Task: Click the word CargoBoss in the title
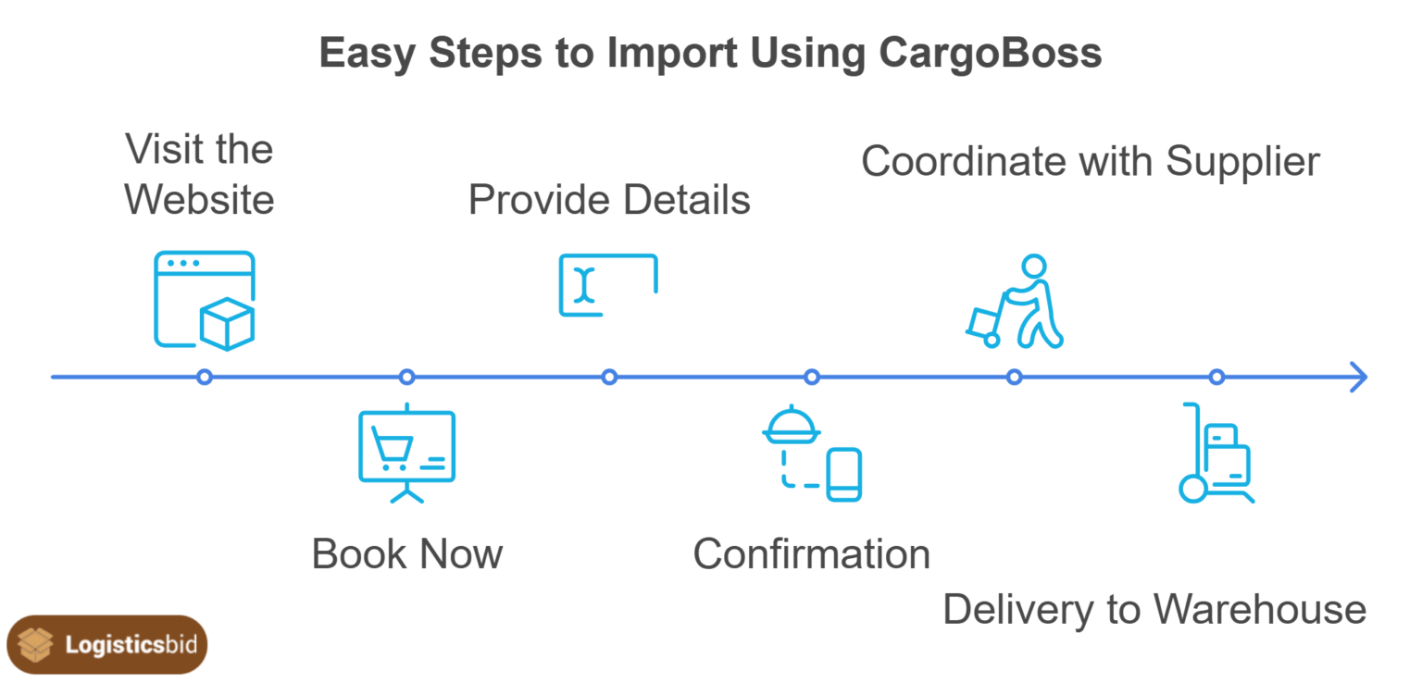coord(990,52)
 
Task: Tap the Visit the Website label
coord(199,175)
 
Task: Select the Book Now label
coord(406,554)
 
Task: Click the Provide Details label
coord(608,200)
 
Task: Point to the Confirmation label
coord(811,554)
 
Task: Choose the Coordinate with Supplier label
coord(1090,161)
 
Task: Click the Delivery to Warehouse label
coord(1154,610)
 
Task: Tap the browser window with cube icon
coord(205,301)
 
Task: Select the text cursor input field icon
coord(608,285)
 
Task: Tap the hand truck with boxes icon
coord(1216,453)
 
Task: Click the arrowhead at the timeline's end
coord(1358,377)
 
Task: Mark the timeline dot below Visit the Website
coord(205,377)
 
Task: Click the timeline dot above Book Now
coord(406,377)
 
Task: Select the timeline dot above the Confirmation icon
coord(812,377)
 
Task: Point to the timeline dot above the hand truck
coord(1216,377)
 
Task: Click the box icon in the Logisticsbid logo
coord(36,645)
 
